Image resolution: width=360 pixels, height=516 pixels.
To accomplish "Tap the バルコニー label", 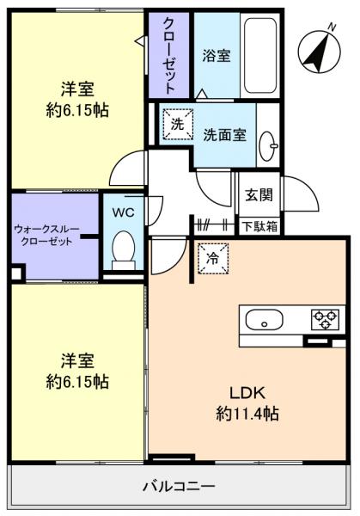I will (x=179, y=486).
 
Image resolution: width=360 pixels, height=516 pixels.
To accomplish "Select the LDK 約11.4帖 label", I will (x=247, y=402).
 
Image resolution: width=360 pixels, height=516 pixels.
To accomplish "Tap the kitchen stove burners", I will (x=326, y=320).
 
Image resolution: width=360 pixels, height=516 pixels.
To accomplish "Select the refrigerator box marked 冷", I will (x=211, y=255).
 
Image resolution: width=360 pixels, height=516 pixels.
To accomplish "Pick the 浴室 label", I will (x=215, y=57).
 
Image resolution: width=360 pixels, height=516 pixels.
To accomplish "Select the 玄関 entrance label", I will (x=259, y=194).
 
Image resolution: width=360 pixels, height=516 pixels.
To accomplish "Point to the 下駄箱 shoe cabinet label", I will (x=259, y=227).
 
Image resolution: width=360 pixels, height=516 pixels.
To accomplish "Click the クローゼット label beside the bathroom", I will (x=169, y=55).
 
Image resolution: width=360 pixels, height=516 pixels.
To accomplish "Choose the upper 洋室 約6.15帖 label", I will (x=76, y=100).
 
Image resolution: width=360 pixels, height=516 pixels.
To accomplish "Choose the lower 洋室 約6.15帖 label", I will (x=76, y=371).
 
